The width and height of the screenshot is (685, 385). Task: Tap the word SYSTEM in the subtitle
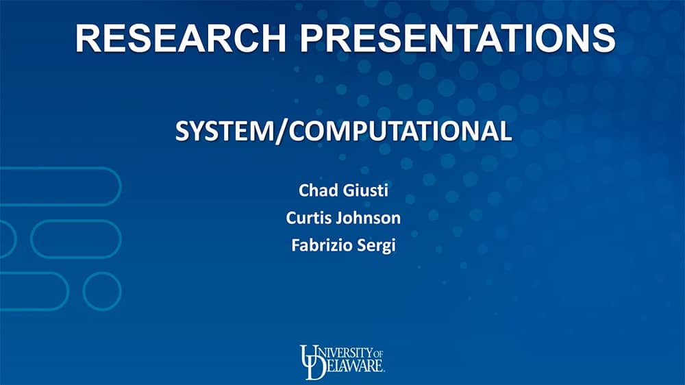[x=224, y=131]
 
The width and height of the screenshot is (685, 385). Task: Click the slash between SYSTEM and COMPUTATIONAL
[x=281, y=132]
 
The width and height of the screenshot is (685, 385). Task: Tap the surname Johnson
[x=364, y=218]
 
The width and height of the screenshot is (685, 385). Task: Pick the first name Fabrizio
[x=321, y=245]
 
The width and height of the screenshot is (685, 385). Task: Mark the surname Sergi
[x=376, y=246]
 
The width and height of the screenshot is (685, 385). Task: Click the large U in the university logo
[x=309, y=356]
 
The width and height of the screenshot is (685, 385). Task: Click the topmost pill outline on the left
[x=120, y=186]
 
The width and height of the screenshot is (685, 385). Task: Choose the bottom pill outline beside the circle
[x=68, y=291]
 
